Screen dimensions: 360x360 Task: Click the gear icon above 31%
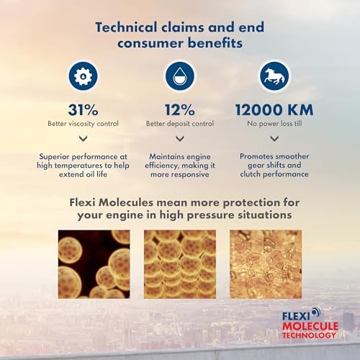(x=83, y=76)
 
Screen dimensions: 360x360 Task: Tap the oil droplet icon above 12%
(x=180, y=76)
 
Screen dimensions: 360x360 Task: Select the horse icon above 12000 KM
(x=274, y=76)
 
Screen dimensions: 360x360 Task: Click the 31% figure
(x=83, y=110)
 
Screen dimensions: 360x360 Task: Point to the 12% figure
(x=180, y=110)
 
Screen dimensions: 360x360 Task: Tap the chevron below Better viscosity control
(x=83, y=138)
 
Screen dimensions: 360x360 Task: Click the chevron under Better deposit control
(x=180, y=138)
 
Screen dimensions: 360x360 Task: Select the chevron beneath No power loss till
(x=274, y=138)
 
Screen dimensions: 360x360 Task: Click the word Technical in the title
(x=126, y=27)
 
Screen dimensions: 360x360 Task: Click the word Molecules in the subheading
(x=126, y=202)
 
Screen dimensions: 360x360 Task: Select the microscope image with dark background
(x=94, y=264)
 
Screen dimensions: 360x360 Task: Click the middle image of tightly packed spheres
(x=180, y=264)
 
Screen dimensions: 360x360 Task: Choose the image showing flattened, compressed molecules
(x=266, y=264)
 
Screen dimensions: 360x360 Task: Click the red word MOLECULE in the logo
(x=310, y=326)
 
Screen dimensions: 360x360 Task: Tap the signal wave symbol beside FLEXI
(x=316, y=312)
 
